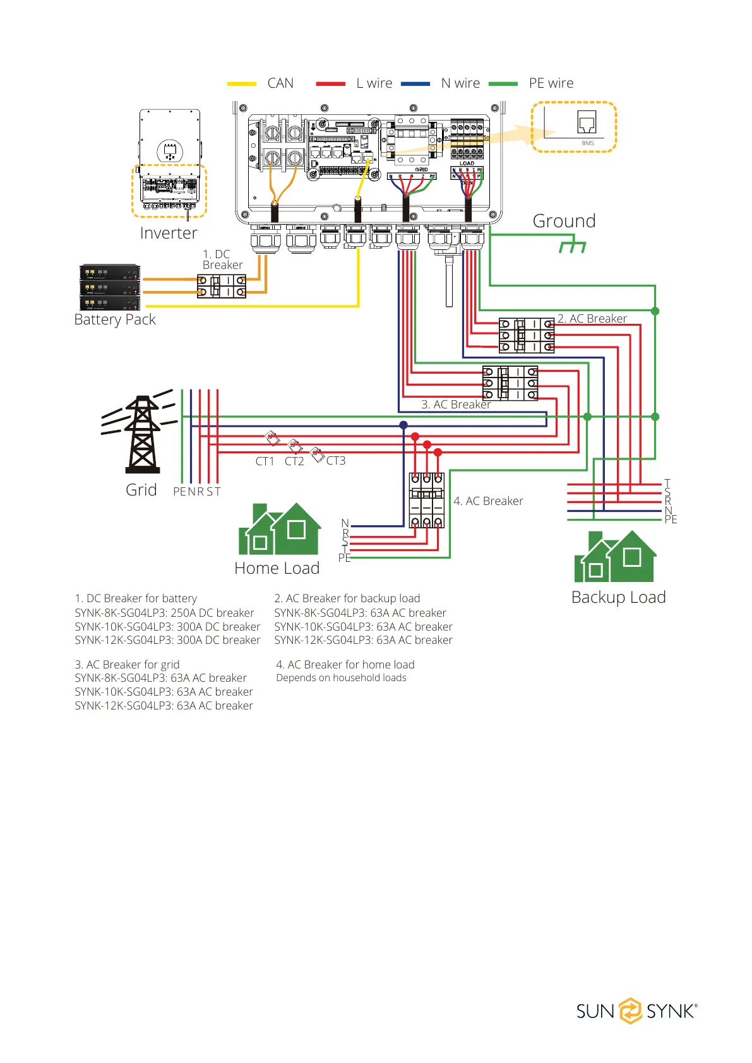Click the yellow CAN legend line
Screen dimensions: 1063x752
[x=242, y=83]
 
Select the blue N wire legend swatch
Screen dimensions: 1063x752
[x=415, y=83]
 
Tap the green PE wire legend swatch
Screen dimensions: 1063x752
[x=503, y=83]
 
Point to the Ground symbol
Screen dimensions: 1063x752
[x=573, y=244]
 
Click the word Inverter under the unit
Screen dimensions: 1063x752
[x=169, y=233]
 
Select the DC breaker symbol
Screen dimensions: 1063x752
[x=221, y=286]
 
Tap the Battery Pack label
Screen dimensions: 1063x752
[x=115, y=319]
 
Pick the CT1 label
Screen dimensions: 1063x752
[x=265, y=461]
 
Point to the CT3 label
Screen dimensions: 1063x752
[x=336, y=461]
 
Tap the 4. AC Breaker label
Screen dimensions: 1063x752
[x=488, y=501]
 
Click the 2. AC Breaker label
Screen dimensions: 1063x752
[x=592, y=319]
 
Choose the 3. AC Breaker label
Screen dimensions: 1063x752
[x=456, y=405]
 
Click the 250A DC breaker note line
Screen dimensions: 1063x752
[x=164, y=613]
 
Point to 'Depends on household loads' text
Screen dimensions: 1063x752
[x=341, y=678]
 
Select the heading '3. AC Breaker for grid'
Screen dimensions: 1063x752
[x=127, y=665]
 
